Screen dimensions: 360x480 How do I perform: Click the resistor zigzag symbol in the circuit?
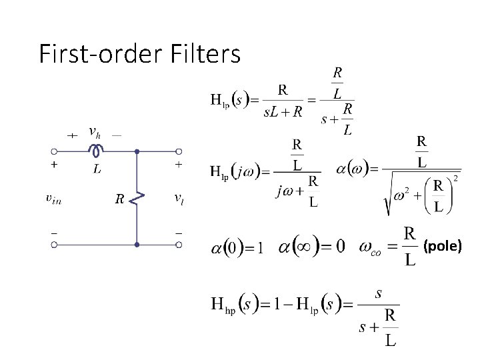point(138,198)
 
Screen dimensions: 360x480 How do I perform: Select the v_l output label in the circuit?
point(179,197)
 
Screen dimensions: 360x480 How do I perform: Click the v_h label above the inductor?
point(95,132)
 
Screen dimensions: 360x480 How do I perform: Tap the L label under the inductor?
point(97,169)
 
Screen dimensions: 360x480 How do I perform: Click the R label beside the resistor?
point(118,198)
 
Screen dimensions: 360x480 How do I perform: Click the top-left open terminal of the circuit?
point(55,151)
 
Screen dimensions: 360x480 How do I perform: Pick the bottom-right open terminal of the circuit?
point(179,245)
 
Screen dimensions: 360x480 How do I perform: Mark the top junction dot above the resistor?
point(137,151)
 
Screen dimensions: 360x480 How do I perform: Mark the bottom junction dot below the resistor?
point(137,245)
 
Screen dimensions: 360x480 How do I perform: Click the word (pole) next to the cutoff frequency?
point(443,247)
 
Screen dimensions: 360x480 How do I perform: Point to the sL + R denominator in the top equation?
point(283,112)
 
